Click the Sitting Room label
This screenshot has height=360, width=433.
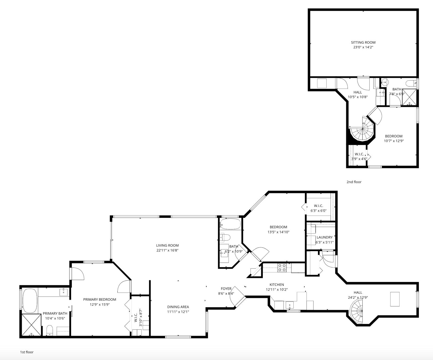tap(363, 42)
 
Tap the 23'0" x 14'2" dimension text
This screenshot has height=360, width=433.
tap(363, 47)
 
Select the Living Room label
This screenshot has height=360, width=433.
tap(167, 245)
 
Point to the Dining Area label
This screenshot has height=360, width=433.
tap(178, 307)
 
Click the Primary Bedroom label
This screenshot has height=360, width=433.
tap(100, 299)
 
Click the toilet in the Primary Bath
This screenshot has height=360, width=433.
tap(50, 330)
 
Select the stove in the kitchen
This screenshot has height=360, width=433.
tap(282, 268)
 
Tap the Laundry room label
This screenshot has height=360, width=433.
tap(324, 237)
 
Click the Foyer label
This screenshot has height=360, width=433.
tap(226, 289)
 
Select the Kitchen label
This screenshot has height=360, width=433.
tap(277, 284)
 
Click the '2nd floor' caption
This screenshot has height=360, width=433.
tap(354, 182)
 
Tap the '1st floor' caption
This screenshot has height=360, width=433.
tap(27, 352)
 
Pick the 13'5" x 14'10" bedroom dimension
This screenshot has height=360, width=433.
tap(278, 232)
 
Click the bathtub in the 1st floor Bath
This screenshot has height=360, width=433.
tap(230, 224)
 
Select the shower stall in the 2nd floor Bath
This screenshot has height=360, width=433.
tap(409, 97)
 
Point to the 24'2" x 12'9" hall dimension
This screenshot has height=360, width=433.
tap(358, 297)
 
